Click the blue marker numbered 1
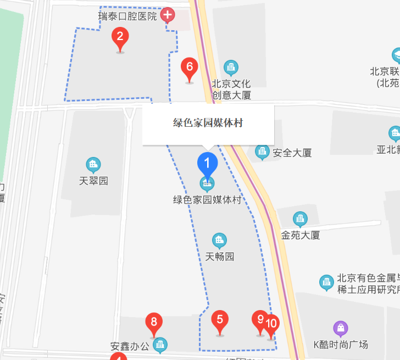click(207, 163)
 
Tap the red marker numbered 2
click(120, 38)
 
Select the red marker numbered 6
click(190, 67)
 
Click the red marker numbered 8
click(154, 322)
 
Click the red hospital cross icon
click(168, 15)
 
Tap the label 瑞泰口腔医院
click(127, 16)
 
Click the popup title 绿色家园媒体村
click(208, 123)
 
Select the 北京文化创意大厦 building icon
click(231, 67)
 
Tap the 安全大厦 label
click(292, 153)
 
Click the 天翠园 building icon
click(93, 164)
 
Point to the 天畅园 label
click(220, 256)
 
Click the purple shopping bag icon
click(341, 329)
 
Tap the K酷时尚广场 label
click(341, 345)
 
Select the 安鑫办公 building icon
click(160, 345)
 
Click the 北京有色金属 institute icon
click(326, 283)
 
